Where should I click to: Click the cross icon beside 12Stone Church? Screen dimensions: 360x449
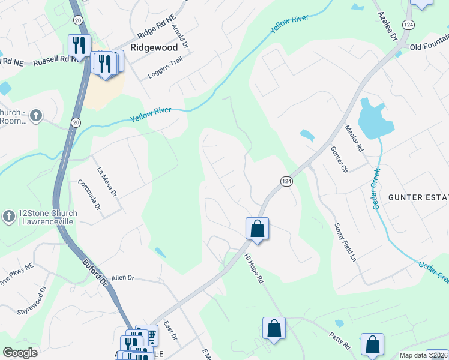pos(8,217)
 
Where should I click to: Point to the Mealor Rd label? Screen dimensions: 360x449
pos(354,138)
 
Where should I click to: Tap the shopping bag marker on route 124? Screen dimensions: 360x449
pos(257,229)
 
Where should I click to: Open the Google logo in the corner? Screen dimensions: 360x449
pos(20,353)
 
